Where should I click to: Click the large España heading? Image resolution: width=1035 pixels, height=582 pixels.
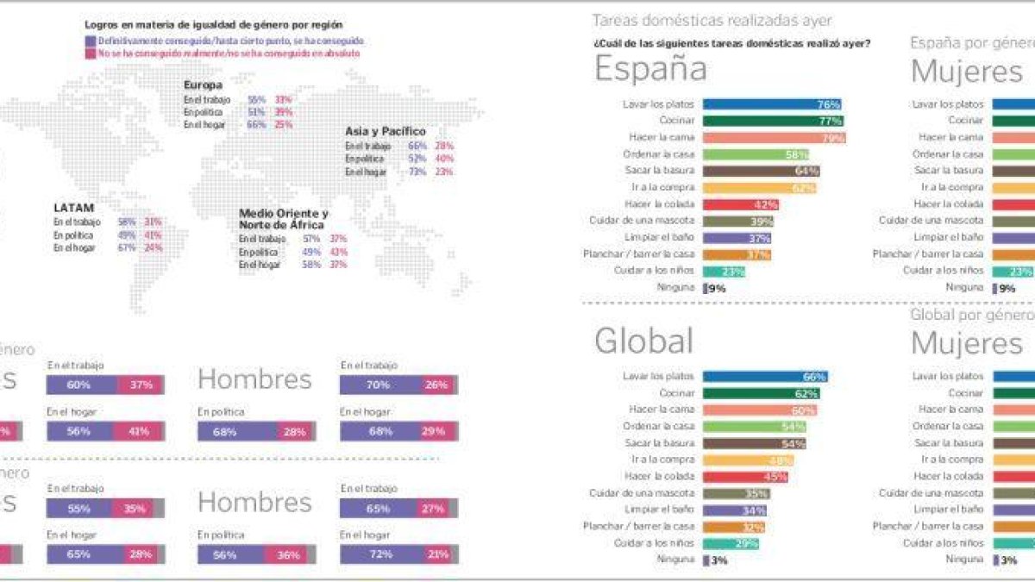pyautogui.click(x=650, y=69)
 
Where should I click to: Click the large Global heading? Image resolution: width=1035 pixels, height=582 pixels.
pyautogui.click(x=643, y=341)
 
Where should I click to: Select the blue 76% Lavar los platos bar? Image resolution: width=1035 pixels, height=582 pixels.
pyautogui.click(x=772, y=104)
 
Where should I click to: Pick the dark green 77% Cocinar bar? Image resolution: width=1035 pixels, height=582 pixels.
pyautogui.click(x=773, y=121)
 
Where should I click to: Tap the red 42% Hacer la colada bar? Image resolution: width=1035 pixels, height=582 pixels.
pyautogui.click(x=741, y=204)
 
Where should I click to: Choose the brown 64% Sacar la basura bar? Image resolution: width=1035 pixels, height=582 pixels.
pyautogui.click(x=761, y=171)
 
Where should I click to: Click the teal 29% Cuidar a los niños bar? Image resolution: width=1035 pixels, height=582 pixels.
pyautogui.click(x=731, y=543)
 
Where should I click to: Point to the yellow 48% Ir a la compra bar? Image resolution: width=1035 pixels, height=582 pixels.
pyautogui.click(x=748, y=460)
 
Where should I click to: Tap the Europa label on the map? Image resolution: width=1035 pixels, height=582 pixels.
pyautogui.click(x=203, y=85)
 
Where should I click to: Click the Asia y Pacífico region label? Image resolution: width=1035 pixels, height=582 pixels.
pyautogui.click(x=385, y=132)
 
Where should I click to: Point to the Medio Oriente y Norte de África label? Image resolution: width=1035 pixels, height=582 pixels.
pyautogui.click(x=283, y=219)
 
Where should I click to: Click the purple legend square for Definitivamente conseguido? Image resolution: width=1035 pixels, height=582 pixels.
pyautogui.click(x=90, y=41)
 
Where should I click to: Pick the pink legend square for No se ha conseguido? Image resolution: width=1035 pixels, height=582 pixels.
pyautogui.click(x=90, y=53)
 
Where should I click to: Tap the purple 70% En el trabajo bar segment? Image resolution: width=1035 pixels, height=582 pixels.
pyautogui.click(x=380, y=385)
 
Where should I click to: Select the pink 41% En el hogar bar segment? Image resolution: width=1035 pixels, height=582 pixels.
pyautogui.click(x=140, y=431)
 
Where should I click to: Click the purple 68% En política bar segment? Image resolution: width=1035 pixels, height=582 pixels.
pyautogui.click(x=237, y=431)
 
